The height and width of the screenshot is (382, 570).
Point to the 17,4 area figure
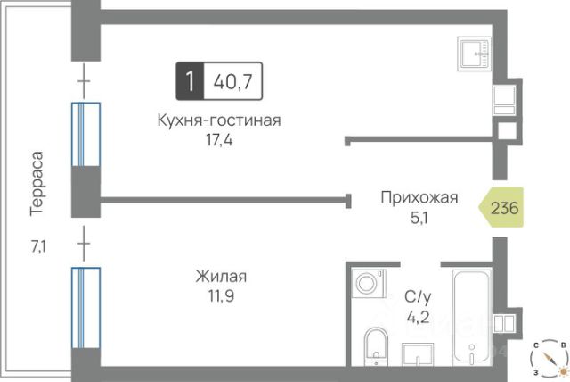click(218, 140)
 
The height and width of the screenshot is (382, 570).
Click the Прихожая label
click(418, 198)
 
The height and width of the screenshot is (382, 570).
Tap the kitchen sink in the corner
click(476, 54)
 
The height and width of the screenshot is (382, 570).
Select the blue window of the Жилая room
click(85, 307)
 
